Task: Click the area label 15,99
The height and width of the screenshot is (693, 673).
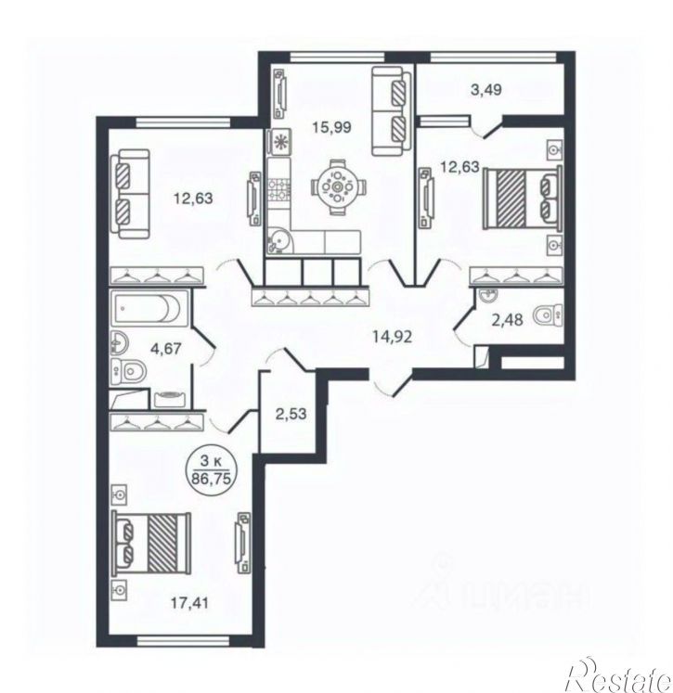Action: (x=331, y=127)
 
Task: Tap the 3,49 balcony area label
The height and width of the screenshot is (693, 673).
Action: (x=486, y=90)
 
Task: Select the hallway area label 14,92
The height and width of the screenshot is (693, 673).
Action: (x=393, y=337)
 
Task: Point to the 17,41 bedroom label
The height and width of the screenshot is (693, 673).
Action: (x=189, y=602)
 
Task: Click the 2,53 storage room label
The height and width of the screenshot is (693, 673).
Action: (x=291, y=414)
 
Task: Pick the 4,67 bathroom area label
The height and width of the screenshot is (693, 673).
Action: (x=166, y=349)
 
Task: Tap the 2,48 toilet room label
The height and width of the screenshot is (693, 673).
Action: (x=507, y=319)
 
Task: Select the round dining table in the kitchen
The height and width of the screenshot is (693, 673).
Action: (x=337, y=187)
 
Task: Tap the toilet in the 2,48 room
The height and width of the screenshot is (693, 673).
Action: (x=548, y=315)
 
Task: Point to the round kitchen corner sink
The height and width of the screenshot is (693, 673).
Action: (x=278, y=241)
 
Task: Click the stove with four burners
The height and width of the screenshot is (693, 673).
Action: (x=279, y=187)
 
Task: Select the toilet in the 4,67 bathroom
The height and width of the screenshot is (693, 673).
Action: (x=129, y=370)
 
